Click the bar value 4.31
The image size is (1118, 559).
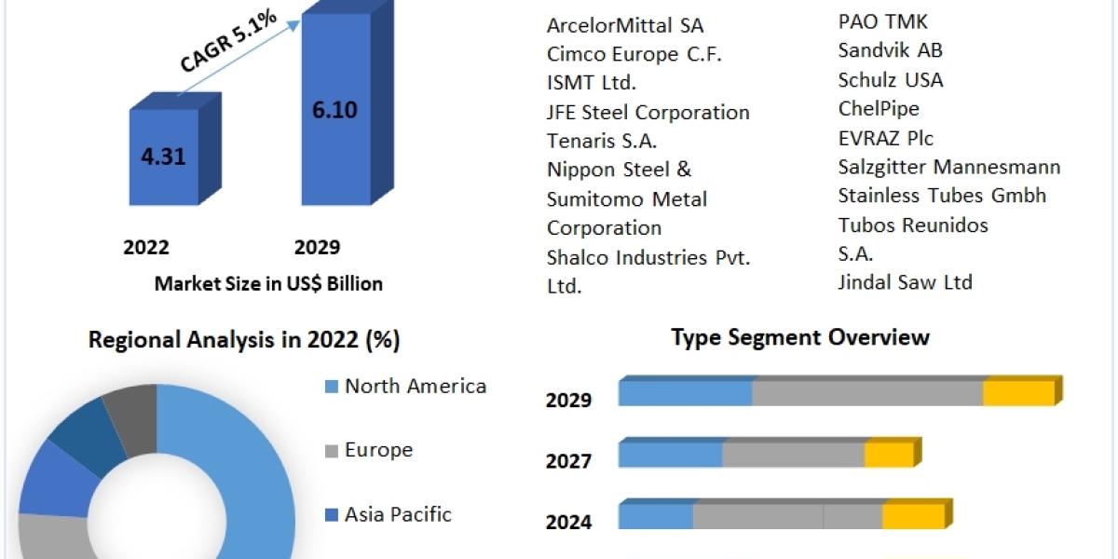162,157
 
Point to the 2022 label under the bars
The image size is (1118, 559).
146,247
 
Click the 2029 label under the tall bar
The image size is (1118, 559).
317,247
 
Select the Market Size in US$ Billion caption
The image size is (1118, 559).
268,283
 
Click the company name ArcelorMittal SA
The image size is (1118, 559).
624,24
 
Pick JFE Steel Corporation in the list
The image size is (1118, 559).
648,112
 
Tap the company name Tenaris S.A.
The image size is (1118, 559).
602,141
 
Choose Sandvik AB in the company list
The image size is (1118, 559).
890,50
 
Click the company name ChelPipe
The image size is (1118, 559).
879,108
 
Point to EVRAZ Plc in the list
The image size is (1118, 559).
885,138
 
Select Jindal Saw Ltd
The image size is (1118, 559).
905,281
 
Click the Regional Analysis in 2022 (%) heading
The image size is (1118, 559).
244,340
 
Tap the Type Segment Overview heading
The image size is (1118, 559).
800,336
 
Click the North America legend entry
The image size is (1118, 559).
415,386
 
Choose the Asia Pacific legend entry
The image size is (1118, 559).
397,513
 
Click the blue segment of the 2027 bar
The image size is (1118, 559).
670,455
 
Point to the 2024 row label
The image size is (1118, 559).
568,522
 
